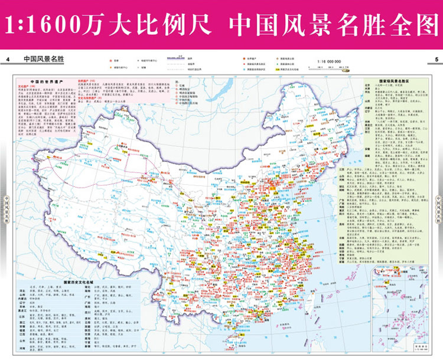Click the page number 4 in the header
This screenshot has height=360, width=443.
(9, 60)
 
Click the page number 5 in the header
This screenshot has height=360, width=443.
(435, 60)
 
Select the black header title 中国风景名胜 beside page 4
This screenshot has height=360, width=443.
(43, 60)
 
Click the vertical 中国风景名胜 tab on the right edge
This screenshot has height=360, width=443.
(438, 204)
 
